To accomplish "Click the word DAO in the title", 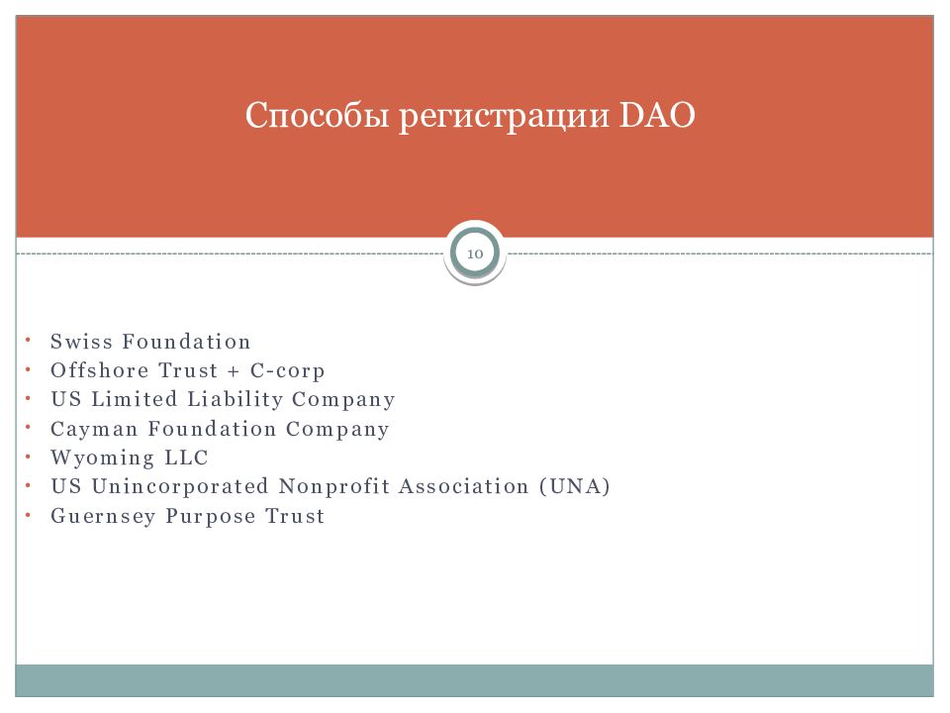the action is pyautogui.click(x=657, y=115).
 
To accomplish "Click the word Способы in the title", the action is pyautogui.click(x=317, y=115).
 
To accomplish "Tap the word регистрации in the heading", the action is pyautogui.click(x=504, y=117).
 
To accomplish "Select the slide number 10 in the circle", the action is pyautogui.click(x=475, y=254).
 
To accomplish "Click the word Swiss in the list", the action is pyautogui.click(x=81, y=342).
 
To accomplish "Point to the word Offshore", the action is pyautogui.click(x=99, y=370).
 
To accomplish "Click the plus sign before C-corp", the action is pyautogui.click(x=234, y=371).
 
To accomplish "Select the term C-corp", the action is pyautogui.click(x=287, y=371).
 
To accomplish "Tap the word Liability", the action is pyautogui.click(x=235, y=399).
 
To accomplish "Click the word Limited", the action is pyautogui.click(x=134, y=399).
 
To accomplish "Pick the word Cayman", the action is pyautogui.click(x=94, y=429).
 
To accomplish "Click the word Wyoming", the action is pyautogui.click(x=102, y=458).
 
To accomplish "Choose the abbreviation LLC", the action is pyautogui.click(x=187, y=458).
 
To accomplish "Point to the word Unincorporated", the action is pyautogui.click(x=179, y=487).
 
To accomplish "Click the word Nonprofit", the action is pyautogui.click(x=333, y=486).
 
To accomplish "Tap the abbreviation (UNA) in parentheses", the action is pyautogui.click(x=574, y=486).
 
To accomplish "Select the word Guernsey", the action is pyautogui.click(x=103, y=517).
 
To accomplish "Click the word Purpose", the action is pyautogui.click(x=211, y=517).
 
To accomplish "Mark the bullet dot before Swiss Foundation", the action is pyautogui.click(x=28, y=340).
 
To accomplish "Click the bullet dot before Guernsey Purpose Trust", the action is pyautogui.click(x=28, y=515).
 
